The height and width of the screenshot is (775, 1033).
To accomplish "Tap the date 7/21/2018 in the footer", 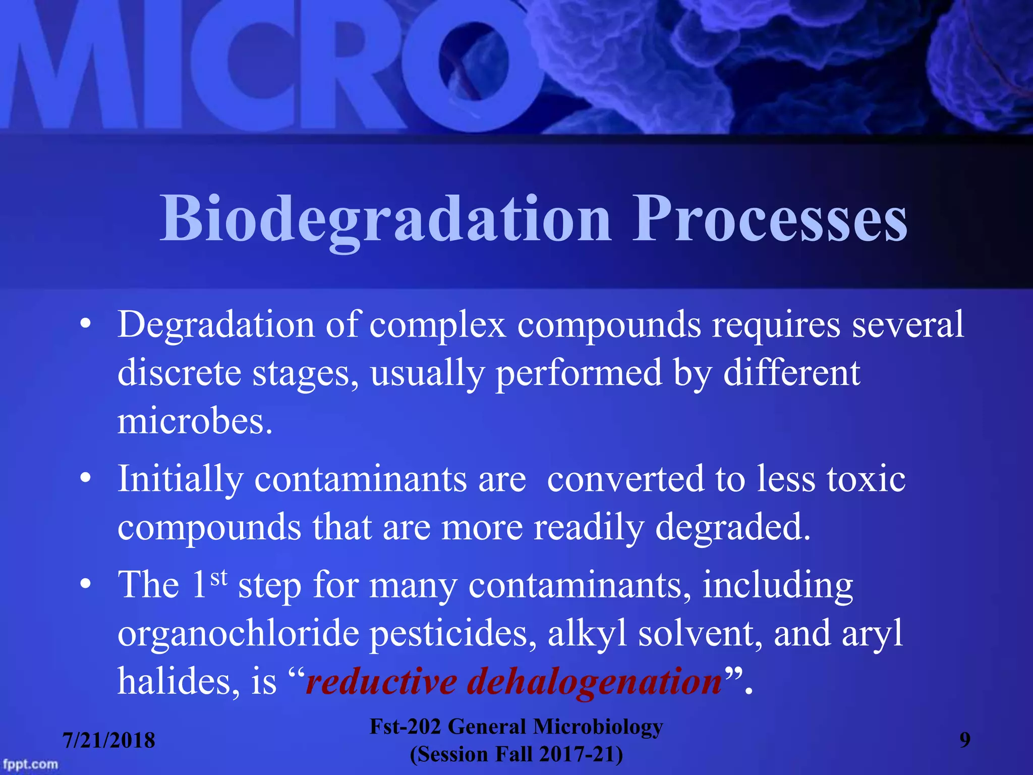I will click(108, 740).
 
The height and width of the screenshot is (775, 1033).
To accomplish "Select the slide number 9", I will click(964, 740).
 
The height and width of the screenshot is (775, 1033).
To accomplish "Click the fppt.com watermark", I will click(30, 764).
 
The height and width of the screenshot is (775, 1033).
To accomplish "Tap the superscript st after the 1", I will click(219, 577).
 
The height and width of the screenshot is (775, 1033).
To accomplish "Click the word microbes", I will click(194, 422).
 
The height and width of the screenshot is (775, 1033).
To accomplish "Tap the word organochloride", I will click(237, 634).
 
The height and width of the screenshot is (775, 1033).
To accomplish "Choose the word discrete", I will click(179, 373).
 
